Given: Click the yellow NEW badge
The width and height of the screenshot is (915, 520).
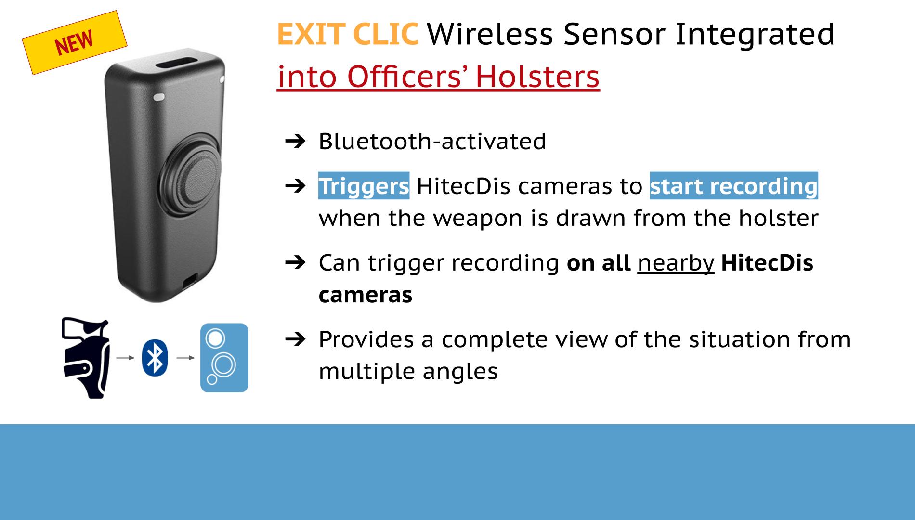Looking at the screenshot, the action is [75, 42].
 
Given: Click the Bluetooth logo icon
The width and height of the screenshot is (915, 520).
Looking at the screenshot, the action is [155, 358].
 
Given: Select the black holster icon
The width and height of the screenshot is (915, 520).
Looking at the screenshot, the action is [86, 358].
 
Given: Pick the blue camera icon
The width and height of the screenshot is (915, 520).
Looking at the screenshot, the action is [224, 358].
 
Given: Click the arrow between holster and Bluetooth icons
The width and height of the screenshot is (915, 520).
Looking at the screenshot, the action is [126, 358].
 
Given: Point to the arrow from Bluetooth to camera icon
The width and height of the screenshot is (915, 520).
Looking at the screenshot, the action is [186, 358].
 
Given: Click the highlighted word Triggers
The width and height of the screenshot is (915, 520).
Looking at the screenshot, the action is [364, 186].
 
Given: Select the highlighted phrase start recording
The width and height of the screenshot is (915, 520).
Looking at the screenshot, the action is [734, 186].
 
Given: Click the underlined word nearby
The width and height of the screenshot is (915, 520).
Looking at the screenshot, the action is [676, 263].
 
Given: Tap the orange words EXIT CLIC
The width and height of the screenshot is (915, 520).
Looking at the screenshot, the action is [348, 34].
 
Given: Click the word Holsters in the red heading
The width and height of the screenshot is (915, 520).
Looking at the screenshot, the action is [537, 76].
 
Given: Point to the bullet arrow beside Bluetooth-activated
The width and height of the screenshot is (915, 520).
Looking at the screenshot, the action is [295, 141].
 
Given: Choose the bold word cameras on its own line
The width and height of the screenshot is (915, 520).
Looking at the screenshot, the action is [366, 295].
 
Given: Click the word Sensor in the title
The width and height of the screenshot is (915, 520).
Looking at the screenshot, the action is [614, 34].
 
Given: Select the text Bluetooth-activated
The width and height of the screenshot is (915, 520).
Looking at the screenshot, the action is [432, 141].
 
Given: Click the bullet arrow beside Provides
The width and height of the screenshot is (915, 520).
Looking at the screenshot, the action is [295, 339].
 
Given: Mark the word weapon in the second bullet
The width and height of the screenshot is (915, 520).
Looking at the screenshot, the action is [478, 218].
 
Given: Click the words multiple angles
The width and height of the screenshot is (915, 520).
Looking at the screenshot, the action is [408, 371].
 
